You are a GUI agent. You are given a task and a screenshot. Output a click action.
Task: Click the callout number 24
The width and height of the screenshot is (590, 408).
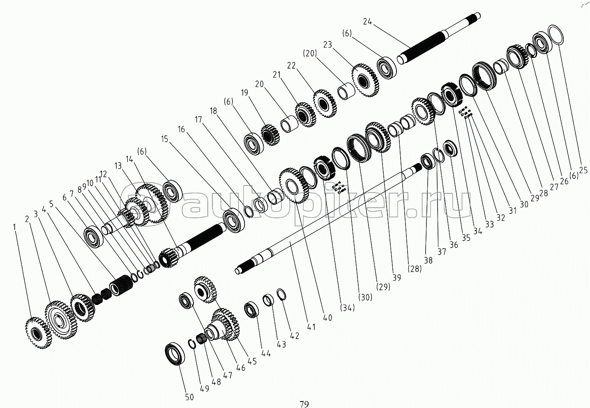tap(367, 21)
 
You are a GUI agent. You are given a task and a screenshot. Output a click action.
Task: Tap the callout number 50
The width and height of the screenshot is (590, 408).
tap(189, 397)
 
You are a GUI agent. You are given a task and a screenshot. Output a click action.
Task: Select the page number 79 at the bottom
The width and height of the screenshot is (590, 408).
tap(304, 404)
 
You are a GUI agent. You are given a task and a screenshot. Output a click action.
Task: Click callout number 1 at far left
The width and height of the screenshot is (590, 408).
tap(15, 227)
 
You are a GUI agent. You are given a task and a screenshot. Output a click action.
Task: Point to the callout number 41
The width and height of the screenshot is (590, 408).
tap(311, 327)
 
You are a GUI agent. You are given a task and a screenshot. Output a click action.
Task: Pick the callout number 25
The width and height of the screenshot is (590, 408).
tap(583, 170)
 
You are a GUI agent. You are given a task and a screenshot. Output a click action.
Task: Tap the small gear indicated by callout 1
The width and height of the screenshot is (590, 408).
tap(38, 333)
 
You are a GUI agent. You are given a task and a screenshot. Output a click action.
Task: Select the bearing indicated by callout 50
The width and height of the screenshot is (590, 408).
tap(175, 353)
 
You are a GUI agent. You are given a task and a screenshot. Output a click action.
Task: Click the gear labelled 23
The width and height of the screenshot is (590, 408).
tap(365, 80)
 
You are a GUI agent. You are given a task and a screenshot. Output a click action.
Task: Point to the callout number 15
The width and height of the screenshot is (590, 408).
tap(164, 139)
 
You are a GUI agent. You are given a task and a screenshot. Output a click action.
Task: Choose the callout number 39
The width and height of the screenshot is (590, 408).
tap(396, 277)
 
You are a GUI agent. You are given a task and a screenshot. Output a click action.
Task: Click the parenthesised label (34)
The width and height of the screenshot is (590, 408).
tap(348, 307)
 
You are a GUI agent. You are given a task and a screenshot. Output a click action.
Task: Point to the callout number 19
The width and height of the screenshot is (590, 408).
tap(244, 93)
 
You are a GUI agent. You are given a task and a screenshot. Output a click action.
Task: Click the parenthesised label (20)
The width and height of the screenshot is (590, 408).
tap(310, 53)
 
